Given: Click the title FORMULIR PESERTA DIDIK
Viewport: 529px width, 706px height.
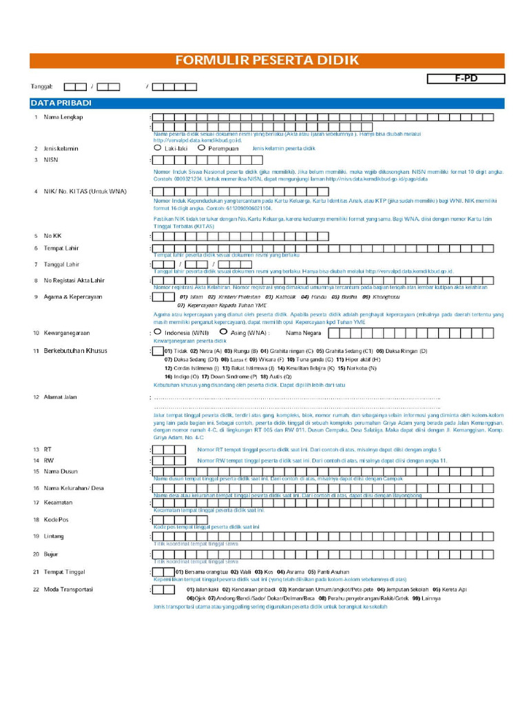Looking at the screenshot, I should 267,61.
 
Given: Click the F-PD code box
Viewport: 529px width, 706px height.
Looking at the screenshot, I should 466,79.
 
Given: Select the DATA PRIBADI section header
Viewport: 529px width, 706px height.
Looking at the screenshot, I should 61,103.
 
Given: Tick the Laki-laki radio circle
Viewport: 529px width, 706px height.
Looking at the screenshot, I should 158,148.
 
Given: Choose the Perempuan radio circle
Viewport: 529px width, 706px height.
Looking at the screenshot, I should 200,148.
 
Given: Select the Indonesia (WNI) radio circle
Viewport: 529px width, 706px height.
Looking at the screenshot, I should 158,332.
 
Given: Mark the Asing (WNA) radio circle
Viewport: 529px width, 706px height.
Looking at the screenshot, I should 223,332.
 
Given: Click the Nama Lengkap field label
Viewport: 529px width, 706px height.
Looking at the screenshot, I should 63,117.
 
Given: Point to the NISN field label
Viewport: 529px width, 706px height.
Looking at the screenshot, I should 52,159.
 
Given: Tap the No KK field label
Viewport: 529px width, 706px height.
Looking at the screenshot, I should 53,236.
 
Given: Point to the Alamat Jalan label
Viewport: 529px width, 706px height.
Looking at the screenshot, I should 61,397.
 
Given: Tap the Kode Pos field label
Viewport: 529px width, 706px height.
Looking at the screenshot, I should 56,519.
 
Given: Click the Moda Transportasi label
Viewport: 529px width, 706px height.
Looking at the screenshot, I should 69,589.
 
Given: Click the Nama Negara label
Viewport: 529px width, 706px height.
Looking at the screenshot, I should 303,333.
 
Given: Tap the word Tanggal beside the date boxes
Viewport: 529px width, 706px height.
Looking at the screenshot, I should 41,87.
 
